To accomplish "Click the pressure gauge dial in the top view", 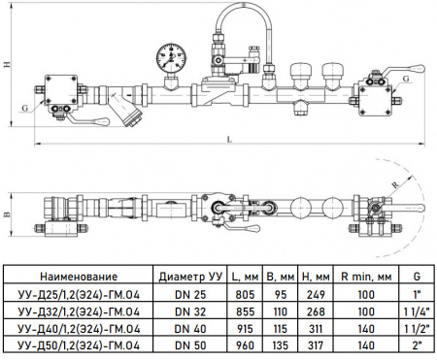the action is point(172,57).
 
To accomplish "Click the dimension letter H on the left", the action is point(6,64).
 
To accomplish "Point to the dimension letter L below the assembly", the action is point(229,140).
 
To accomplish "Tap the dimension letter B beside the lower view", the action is point(6,214).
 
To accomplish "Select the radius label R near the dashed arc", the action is point(395,185).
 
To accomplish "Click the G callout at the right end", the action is point(406,79).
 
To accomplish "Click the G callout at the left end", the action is point(25,108).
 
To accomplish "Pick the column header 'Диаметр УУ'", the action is point(190,277).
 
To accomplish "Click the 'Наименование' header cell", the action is point(79,277).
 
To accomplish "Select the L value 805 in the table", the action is point(245,294).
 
